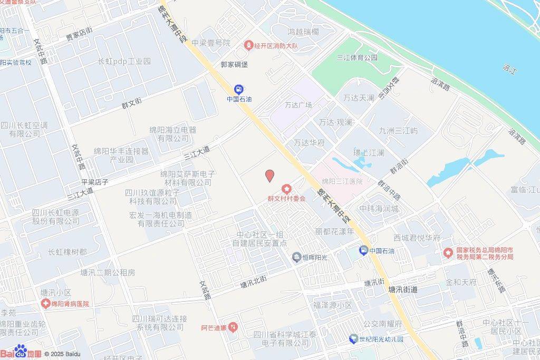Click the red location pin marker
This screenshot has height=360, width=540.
pyautogui.click(x=269, y=176)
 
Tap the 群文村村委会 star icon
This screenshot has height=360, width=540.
pyautogui.click(x=286, y=189)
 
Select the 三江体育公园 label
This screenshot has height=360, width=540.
pyautogui.click(x=357, y=57)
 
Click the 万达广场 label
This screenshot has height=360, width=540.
pyautogui.click(x=298, y=105)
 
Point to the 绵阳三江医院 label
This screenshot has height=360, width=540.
pyautogui.click(x=342, y=181)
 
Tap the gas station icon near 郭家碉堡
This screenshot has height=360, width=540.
pyautogui.click(x=238, y=89)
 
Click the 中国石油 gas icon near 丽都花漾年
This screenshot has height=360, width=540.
pyautogui.click(x=364, y=250)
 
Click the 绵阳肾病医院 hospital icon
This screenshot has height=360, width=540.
pyautogui.click(x=47, y=304)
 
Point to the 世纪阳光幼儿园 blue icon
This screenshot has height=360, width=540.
pyautogui.click(x=353, y=339)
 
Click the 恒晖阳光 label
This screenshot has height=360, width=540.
pyautogui.click(x=315, y=257)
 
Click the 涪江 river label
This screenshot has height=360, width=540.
pyautogui.click(x=509, y=68)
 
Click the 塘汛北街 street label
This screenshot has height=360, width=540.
pyautogui.click(x=254, y=284)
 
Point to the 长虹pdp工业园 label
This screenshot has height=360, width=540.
pyautogui.click(x=124, y=61)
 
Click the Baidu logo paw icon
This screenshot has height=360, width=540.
pyautogui.click(x=21, y=351)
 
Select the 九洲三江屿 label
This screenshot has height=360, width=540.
pyautogui.click(x=398, y=130)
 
